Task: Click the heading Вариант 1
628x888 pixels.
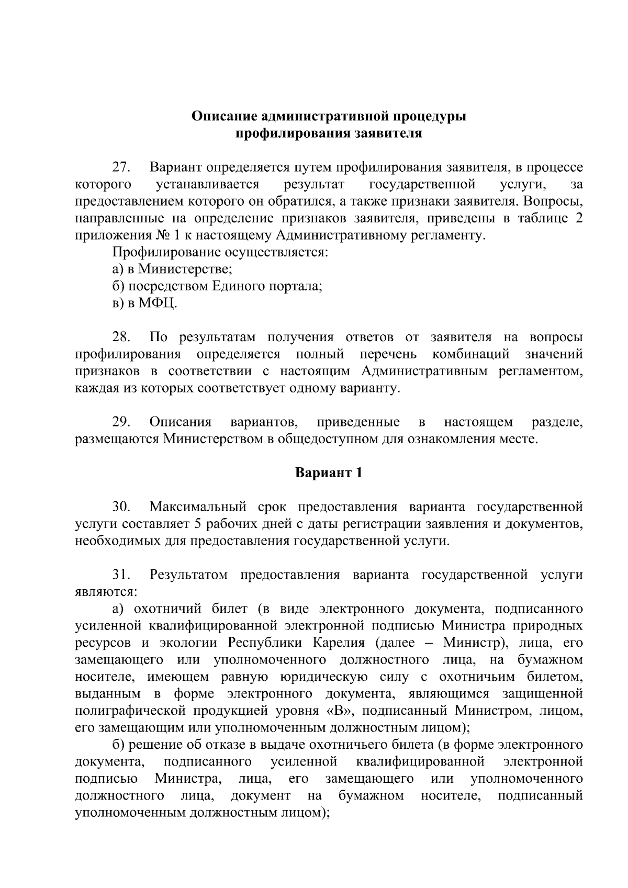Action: click(329, 473)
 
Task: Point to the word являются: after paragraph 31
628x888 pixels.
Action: click(106, 592)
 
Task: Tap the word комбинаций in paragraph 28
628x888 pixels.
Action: click(470, 354)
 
